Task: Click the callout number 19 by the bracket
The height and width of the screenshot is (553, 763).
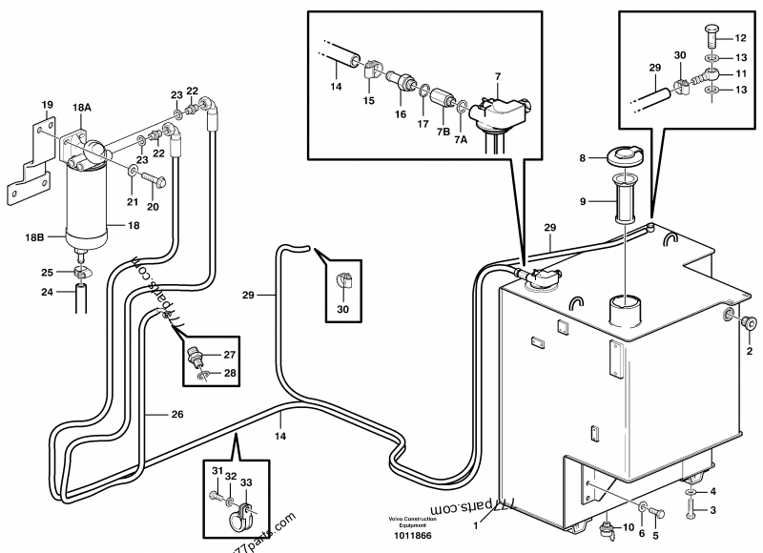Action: pyautogui.click(x=47, y=104)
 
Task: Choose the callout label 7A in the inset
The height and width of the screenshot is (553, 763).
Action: pyautogui.click(x=461, y=139)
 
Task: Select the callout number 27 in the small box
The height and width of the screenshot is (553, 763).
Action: pyautogui.click(x=230, y=355)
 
